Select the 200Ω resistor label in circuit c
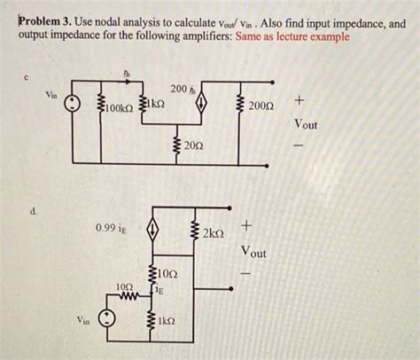tap(262, 106)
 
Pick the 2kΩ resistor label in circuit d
tap(215, 233)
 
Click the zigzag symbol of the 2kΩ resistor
tap(195, 233)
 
